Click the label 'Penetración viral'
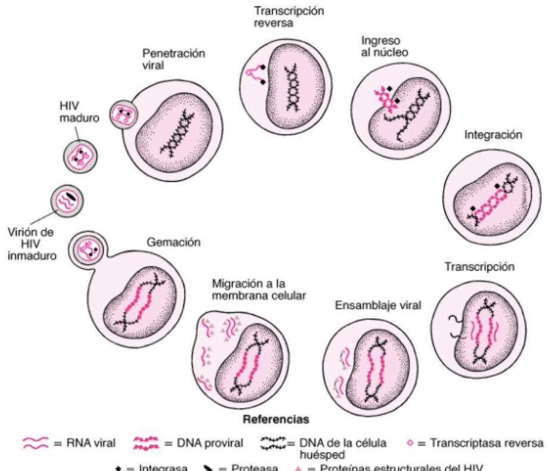173,59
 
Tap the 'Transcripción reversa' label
281,18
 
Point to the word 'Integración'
493,135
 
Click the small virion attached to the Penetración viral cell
122,114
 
